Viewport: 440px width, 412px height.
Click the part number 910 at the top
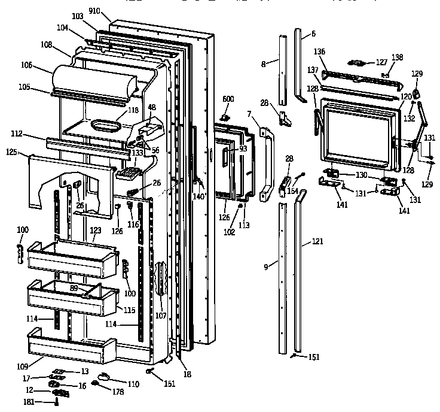coord(111,11)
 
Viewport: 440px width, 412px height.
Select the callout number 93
coord(243,149)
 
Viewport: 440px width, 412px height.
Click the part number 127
coord(381,62)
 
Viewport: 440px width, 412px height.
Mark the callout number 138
coord(398,57)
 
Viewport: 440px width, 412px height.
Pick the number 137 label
coord(312,70)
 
